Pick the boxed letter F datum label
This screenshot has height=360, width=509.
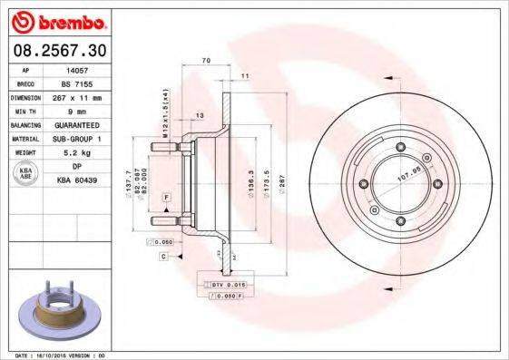pos(167,197)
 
